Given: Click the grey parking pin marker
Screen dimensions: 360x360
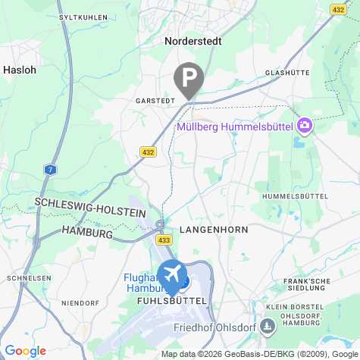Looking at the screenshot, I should coord(189,78).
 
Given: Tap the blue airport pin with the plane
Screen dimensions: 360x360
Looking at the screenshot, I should coord(172,275).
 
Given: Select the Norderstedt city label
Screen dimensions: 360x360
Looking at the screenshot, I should coord(193,42).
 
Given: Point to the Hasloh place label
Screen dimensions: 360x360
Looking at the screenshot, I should coord(19,69).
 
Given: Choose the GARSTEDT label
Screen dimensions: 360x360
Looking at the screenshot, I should coord(155,100).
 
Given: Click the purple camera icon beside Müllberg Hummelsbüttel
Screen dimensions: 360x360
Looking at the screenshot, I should coord(305,124).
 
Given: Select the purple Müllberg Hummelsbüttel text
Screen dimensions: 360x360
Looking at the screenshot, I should coord(235,127).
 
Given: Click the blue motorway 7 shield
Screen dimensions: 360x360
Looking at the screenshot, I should coord(49,169).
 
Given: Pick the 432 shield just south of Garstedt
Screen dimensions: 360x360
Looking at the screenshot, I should coord(148,152).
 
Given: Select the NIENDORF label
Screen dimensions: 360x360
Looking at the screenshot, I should coord(80,303).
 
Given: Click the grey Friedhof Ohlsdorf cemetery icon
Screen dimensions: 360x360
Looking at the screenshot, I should coord(267,327).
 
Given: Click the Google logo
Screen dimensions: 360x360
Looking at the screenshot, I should coord(25,350).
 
